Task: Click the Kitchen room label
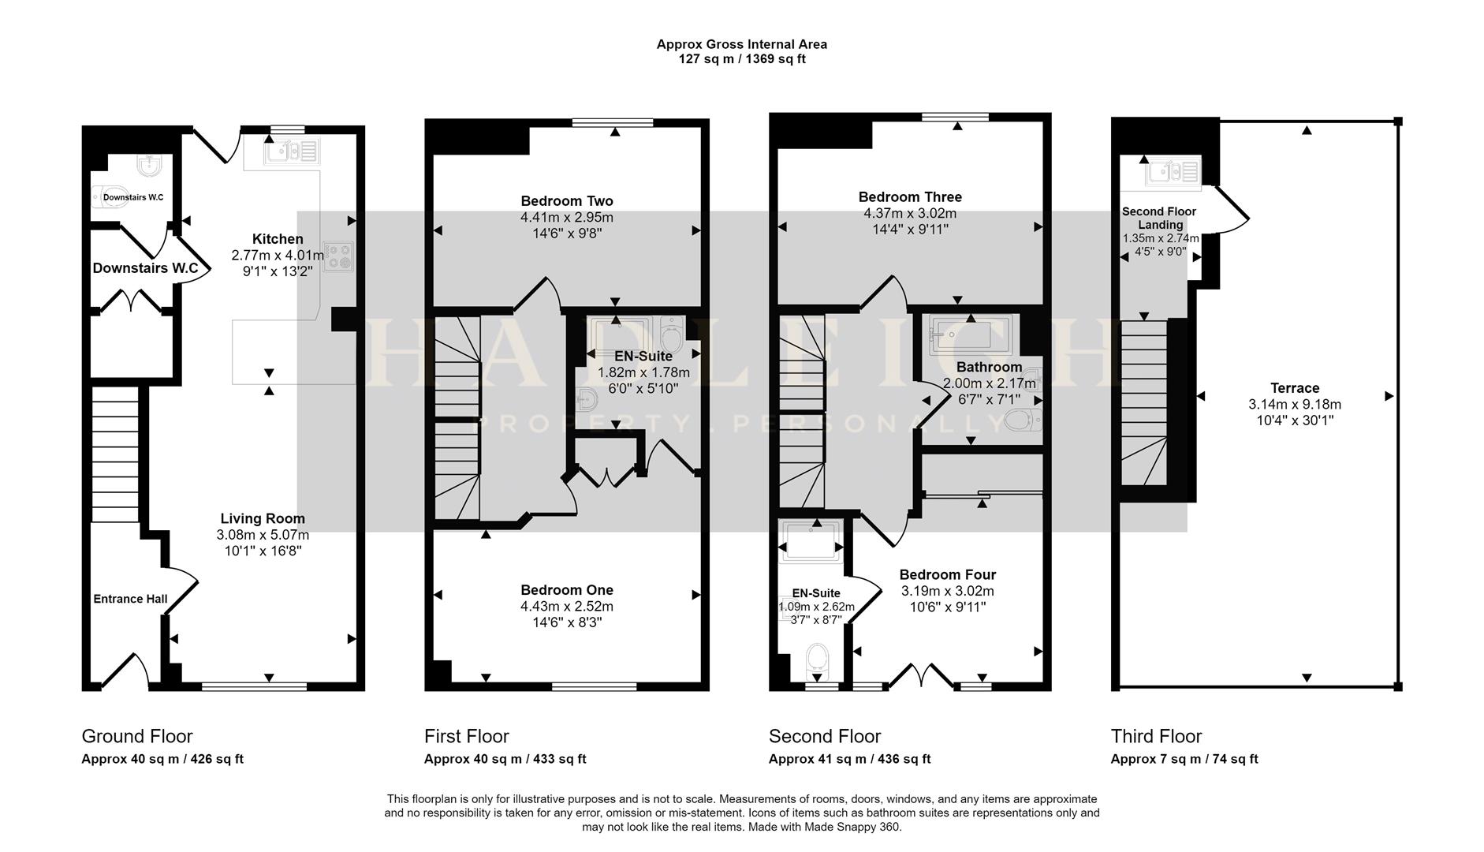(x=278, y=239)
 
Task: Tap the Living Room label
(x=263, y=518)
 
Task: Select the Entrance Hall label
(x=130, y=599)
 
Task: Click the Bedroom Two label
(x=567, y=201)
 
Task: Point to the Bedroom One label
(x=567, y=590)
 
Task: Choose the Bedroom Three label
(x=910, y=197)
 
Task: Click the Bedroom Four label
(x=948, y=575)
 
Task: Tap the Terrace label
(x=1295, y=388)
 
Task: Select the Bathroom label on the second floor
(x=989, y=367)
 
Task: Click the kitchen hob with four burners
(x=339, y=256)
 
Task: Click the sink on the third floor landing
(x=1173, y=171)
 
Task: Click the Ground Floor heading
(x=137, y=736)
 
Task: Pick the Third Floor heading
(x=1156, y=736)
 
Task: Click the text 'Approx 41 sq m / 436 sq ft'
(x=849, y=759)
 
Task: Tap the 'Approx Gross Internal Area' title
(x=742, y=44)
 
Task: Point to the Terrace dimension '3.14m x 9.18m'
(x=1295, y=405)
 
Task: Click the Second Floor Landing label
(x=1159, y=218)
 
